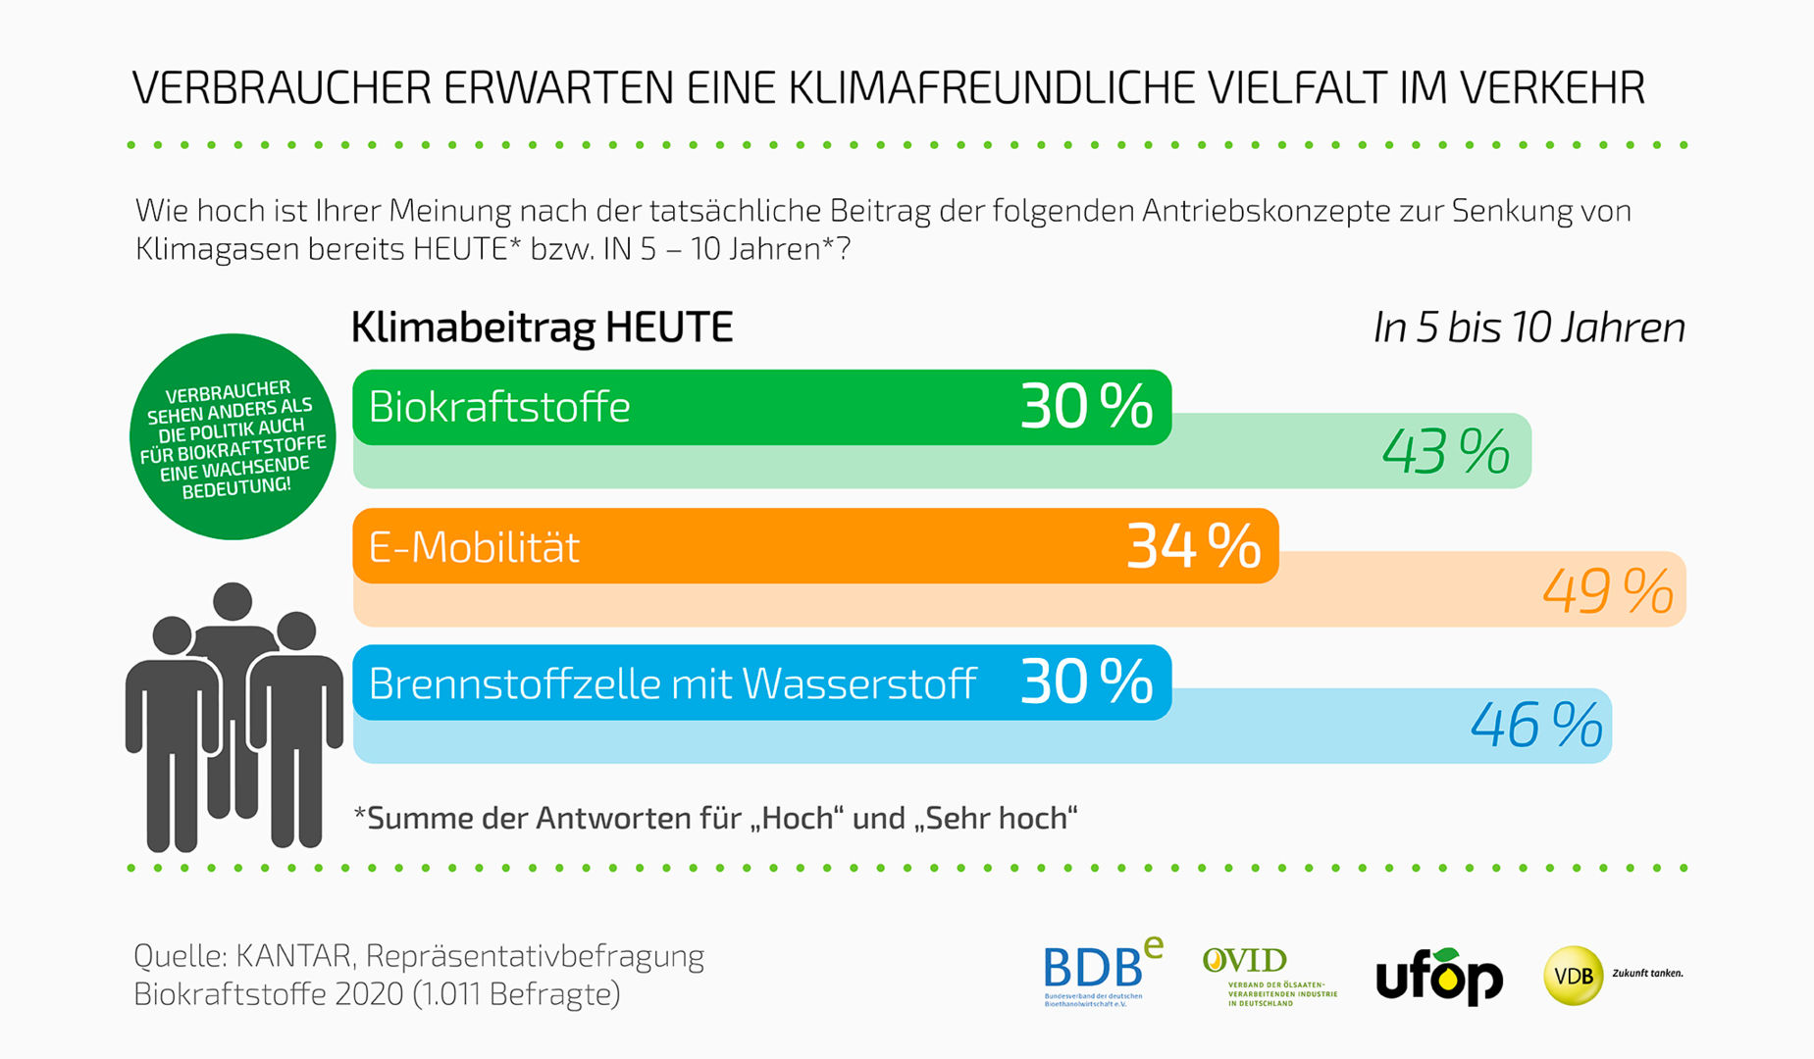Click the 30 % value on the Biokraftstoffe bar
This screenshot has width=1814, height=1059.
tap(1086, 407)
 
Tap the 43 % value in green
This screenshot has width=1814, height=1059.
tap(1445, 452)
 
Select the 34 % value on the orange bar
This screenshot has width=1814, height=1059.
tap(1193, 546)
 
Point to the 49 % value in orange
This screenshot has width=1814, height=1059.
tap(1607, 591)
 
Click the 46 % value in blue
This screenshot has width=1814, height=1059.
tap(1535, 727)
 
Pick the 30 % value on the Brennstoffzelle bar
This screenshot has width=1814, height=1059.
tap(1086, 682)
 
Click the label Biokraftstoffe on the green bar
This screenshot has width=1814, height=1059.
tap(499, 407)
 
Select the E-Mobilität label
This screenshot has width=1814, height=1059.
tap(474, 547)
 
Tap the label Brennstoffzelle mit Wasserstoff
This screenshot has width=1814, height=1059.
tap(672, 683)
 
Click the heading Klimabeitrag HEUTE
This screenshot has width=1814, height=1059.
tap(542, 328)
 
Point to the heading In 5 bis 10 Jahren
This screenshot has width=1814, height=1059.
tap(1529, 328)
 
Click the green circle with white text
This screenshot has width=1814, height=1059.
tap(233, 437)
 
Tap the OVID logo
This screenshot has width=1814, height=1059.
tap(1269, 975)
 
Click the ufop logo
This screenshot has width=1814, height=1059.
tap(1438, 976)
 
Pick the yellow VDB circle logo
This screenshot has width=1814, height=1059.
tap(1573, 976)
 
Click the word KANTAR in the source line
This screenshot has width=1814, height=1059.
tap(293, 955)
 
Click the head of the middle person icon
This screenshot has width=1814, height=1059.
tap(233, 601)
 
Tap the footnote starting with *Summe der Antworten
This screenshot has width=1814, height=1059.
tap(715, 818)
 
